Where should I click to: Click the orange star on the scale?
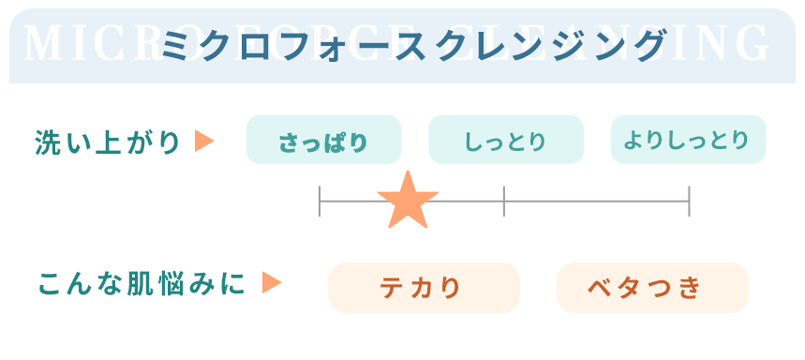[x=408, y=202]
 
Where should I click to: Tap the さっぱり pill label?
[x=323, y=142]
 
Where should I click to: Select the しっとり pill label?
[x=505, y=142]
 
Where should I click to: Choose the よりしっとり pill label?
[x=688, y=141]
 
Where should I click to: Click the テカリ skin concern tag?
[x=423, y=288]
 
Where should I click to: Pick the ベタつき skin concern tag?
[x=652, y=288]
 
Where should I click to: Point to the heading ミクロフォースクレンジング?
[x=413, y=45]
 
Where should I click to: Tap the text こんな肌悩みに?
[x=142, y=283]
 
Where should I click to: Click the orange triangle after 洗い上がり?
[x=204, y=142]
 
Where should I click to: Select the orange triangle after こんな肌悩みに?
[x=272, y=283]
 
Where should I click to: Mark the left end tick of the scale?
[x=321, y=202]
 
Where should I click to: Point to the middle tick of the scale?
[x=504, y=202]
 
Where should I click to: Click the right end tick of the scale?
[x=689, y=202]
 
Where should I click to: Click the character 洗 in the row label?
[x=48, y=142]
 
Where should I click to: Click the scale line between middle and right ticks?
[x=596, y=202]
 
